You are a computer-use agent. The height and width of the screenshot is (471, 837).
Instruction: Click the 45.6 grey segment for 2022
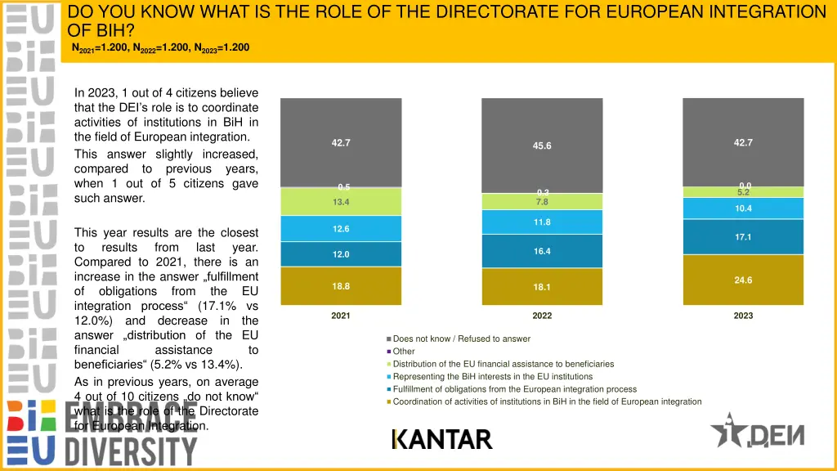click(x=542, y=145)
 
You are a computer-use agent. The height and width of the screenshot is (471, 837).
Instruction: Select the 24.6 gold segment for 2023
click(x=743, y=280)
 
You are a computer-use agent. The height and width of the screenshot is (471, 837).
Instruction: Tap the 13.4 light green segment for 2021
click(x=341, y=202)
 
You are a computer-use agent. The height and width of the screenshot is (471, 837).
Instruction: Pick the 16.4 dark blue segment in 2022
click(x=542, y=251)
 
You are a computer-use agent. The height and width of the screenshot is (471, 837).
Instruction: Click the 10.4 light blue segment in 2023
click(x=743, y=209)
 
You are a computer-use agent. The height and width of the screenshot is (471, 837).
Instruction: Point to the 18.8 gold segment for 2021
click(x=341, y=286)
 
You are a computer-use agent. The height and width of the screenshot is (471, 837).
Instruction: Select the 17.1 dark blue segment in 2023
click(x=743, y=237)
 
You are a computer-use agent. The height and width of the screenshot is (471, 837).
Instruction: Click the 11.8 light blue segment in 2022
click(x=542, y=222)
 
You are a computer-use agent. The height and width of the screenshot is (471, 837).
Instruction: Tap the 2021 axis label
click(x=341, y=316)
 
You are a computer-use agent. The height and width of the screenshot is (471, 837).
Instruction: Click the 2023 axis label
click(x=743, y=316)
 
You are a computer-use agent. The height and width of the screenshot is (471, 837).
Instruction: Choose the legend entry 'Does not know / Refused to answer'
click(x=461, y=339)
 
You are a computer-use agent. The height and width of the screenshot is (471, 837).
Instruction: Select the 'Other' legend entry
click(x=404, y=352)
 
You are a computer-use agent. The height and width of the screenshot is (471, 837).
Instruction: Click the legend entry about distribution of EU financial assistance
click(x=503, y=364)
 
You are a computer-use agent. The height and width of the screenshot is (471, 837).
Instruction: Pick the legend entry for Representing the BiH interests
click(x=492, y=376)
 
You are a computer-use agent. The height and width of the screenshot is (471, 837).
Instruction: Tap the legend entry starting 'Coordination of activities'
click(x=546, y=401)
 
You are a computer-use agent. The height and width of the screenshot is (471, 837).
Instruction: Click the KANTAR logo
click(x=442, y=439)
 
